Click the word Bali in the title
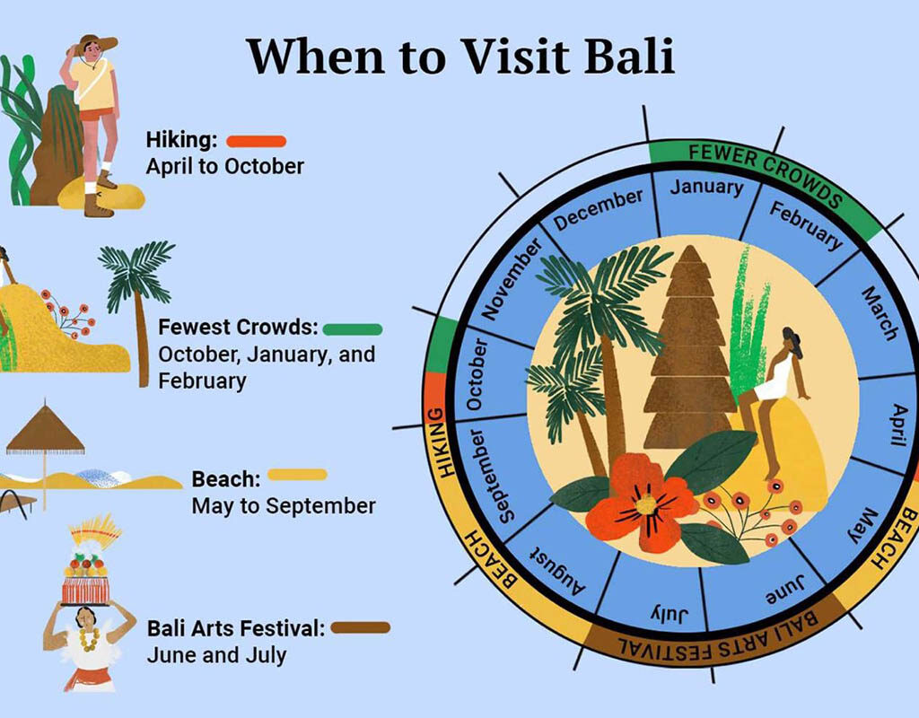pyautogui.click(x=629, y=57)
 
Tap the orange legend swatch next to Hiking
pyautogui.click(x=256, y=141)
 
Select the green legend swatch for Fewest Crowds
pyautogui.click(x=352, y=329)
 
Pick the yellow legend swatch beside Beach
pyautogui.click(x=297, y=474)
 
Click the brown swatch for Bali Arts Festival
pyautogui.click(x=361, y=627)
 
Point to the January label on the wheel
pyautogui.click(x=706, y=187)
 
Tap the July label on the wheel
pyautogui.click(x=669, y=614)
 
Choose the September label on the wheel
pyautogui.click(x=486, y=476)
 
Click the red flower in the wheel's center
pyautogui.click(x=642, y=503)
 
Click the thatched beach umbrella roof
pyautogui.click(x=45, y=430)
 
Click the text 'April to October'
pyautogui.click(x=225, y=166)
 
